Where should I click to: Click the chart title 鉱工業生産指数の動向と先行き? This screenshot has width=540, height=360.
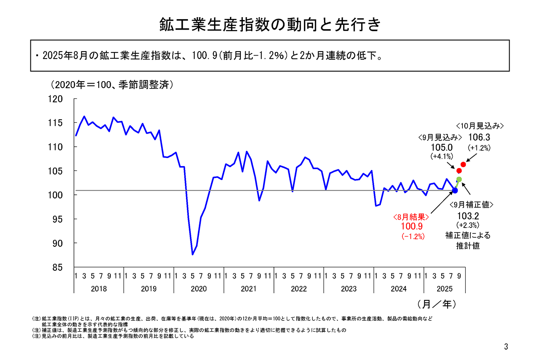coord(270,25)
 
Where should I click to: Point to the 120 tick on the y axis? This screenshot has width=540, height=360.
coord(55,99)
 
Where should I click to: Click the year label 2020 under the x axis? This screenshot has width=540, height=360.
coord(198,289)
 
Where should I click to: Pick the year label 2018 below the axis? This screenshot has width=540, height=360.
coord(99,289)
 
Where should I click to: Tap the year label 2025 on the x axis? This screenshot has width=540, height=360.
coord(444,289)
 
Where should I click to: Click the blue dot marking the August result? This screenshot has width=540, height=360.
coord(455,190)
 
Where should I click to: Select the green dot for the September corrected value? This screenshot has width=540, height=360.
coord(459,179)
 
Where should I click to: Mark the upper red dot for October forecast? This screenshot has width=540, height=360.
coord(463,164)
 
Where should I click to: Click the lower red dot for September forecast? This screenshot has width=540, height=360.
coord(459,171)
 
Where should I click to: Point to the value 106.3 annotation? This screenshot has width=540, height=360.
coord(479,137)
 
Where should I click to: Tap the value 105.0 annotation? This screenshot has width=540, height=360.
coord(442,147)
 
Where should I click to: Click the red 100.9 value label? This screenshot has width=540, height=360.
coord(412,226)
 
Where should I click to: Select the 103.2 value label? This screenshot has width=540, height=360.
coord(468,216)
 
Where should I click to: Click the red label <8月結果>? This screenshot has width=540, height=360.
coord(411,217)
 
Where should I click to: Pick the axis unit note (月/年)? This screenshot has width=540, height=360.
coord(436,304)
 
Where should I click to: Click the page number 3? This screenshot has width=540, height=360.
coord(506,347)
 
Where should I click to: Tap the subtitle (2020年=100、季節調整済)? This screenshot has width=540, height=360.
coord(112,85)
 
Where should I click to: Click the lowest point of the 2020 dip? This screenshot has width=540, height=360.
coord(192,254)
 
